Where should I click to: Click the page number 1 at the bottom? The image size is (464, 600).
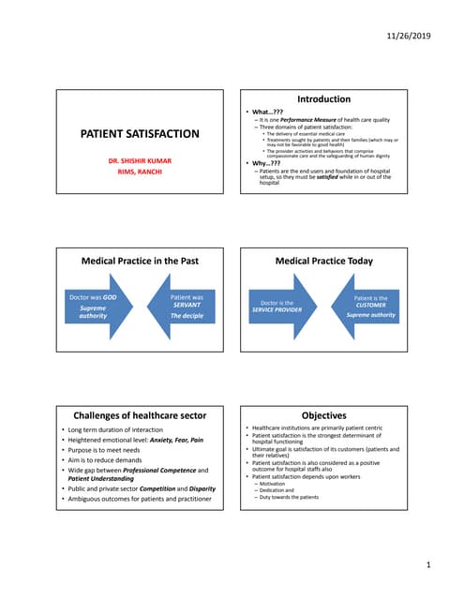pyautogui.click(x=427, y=565)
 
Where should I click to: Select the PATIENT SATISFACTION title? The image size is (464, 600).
pyautogui.click(x=140, y=134)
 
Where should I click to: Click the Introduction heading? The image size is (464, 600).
pyautogui.click(x=323, y=98)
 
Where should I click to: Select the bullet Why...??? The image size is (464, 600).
pyautogui.click(x=264, y=162)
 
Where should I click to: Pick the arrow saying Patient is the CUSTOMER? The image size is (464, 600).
pyautogui.click(x=368, y=306)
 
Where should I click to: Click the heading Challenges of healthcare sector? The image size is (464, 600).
pyautogui.click(x=140, y=415)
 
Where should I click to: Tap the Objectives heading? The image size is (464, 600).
pyautogui.click(x=323, y=415)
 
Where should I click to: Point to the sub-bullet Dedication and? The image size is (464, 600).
pyautogui.click(x=278, y=489)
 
